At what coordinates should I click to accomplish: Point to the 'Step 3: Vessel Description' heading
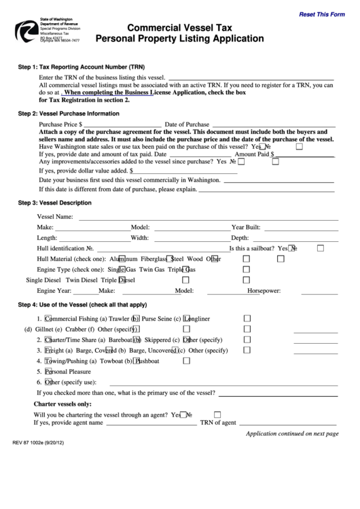[x=54, y=203]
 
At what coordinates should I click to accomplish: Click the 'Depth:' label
[x=240, y=238]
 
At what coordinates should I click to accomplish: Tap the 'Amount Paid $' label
[x=255, y=154]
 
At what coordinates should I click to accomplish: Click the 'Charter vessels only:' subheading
[x=62, y=404]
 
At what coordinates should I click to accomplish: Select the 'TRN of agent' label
[x=218, y=422]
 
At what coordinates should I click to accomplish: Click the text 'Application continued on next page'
[x=291, y=433]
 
